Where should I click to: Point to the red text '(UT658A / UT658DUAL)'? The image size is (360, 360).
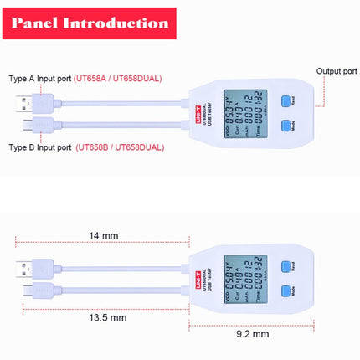tap(118, 78)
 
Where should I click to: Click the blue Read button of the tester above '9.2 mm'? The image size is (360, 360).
tap(285, 266)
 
